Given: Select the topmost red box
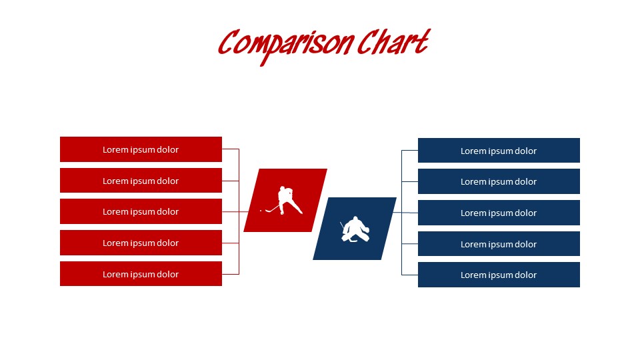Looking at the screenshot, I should coord(141,149).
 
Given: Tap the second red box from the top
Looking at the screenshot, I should coord(141,181).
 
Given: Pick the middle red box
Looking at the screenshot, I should coord(141,211).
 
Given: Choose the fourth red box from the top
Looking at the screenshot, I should coord(141,243).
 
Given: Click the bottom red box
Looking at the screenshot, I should coord(141,274).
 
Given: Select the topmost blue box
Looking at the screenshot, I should coord(499,151).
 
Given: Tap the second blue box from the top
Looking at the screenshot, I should coord(499,181).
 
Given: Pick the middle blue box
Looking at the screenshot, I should coord(499,213).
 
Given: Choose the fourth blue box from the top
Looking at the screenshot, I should coord(499,244).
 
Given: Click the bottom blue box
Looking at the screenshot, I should coord(499,275).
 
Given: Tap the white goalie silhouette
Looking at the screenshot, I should coord(355,229).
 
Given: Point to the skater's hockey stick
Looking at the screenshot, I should coord(271,209).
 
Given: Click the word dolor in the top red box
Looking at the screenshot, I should coord(167,149).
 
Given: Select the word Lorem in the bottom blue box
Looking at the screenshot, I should coord(473,275).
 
